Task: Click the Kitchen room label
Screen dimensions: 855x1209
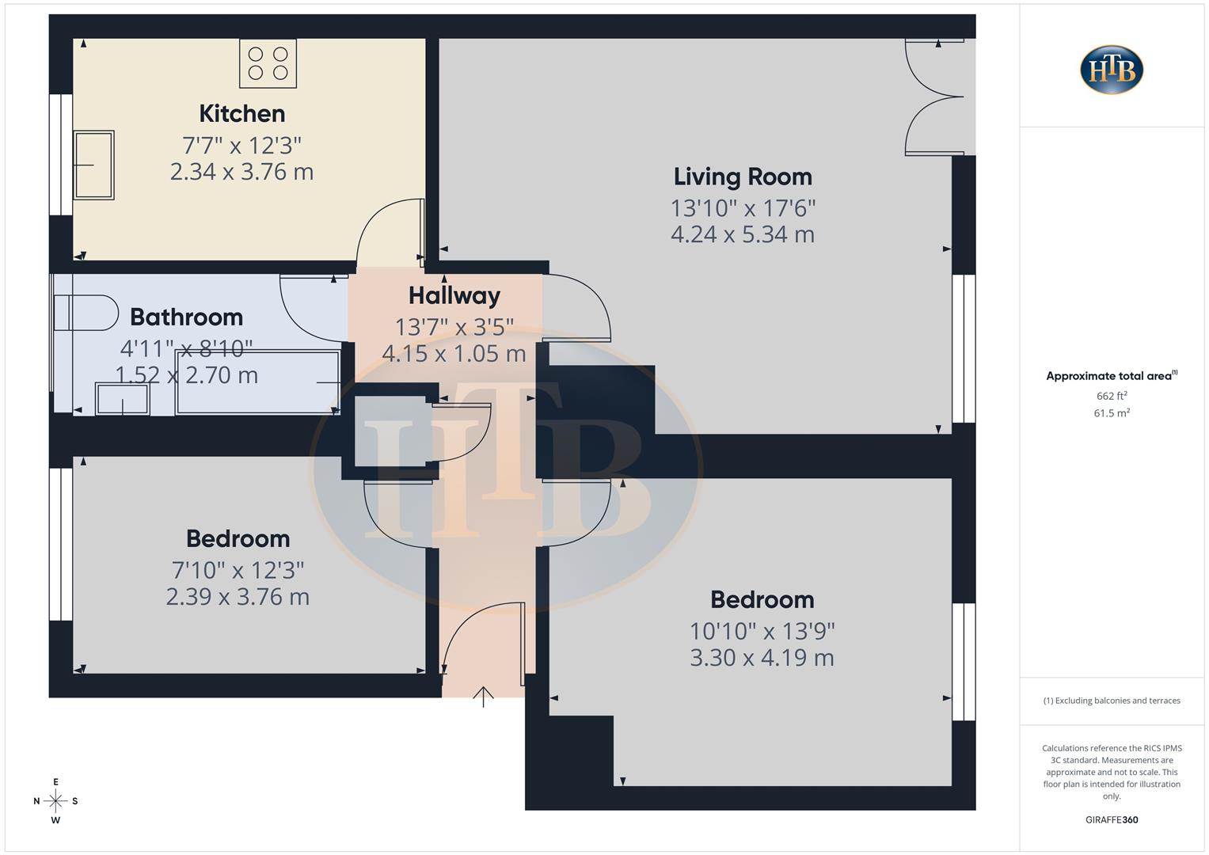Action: (x=241, y=114)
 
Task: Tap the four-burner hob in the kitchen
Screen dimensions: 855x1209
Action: (x=268, y=63)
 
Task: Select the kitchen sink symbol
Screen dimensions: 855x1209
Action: (x=93, y=165)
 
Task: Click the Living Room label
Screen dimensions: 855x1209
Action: (x=742, y=177)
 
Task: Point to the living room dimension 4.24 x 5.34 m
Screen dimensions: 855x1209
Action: (x=742, y=234)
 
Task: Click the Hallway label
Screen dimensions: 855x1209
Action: (x=454, y=295)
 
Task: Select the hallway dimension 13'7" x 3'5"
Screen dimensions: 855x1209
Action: (x=454, y=326)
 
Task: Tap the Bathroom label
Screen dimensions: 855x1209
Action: (x=186, y=317)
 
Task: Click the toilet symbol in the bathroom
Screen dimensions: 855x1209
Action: (x=85, y=313)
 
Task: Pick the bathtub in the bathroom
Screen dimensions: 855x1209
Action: (x=257, y=382)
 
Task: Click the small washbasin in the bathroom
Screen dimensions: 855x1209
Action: (x=122, y=398)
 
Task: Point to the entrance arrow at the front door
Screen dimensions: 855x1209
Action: (x=483, y=696)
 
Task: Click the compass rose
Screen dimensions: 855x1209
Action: (x=55, y=801)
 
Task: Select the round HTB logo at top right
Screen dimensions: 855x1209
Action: (x=1112, y=70)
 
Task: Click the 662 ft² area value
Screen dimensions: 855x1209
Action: (x=1112, y=396)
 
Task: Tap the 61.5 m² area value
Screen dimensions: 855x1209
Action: (x=1112, y=413)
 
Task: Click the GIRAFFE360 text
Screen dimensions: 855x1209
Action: (x=1112, y=819)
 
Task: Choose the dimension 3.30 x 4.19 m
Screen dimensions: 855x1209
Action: (x=762, y=658)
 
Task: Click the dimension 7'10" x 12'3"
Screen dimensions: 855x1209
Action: (x=238, y=570)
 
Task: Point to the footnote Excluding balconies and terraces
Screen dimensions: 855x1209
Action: (x=1112, y=701)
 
